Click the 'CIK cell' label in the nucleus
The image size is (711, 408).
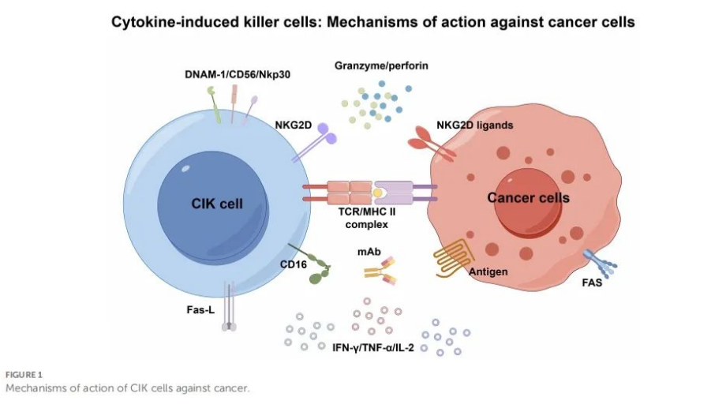click(217, 204)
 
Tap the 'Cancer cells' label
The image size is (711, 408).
click(528, 197)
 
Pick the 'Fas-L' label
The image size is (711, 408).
click(200, 309)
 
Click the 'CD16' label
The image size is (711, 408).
click(294, 264)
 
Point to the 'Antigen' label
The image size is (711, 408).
click(488, 272)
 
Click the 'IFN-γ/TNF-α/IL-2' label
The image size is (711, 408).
click(373, 347)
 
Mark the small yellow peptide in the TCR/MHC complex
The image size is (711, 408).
click(378, 193)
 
